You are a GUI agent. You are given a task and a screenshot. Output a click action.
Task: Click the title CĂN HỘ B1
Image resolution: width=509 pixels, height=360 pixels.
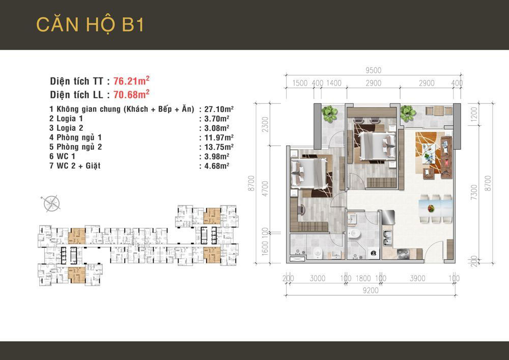tap(90, 24)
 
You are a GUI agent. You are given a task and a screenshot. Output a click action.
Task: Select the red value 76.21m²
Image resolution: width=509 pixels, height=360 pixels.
tap(131, 80)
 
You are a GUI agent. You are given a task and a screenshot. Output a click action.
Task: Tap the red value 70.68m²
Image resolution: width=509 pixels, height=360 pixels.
tap(131, 94)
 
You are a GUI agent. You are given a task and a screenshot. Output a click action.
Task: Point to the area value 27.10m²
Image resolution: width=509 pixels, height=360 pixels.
tap(219, 109)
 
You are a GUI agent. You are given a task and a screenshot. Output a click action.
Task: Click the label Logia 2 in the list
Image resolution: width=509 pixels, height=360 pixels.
tap(70, 128)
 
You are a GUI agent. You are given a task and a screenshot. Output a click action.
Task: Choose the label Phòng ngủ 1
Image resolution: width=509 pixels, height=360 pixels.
tap(79, 137)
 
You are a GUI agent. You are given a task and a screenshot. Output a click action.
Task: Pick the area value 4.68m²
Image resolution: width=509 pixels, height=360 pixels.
tap(216, 166)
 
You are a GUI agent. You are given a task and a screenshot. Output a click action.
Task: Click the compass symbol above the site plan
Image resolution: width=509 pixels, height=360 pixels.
tap(52, 204)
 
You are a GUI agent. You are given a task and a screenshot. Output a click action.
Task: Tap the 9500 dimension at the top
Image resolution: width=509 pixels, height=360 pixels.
tap(373, 70)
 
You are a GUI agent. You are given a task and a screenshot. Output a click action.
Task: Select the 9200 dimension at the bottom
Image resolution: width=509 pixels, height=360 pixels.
tap(371, 290)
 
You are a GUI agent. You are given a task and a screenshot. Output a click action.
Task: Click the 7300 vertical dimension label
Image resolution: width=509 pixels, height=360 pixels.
tap(474, 192)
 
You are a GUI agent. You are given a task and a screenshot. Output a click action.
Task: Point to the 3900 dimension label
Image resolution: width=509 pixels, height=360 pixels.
tap(417, 278)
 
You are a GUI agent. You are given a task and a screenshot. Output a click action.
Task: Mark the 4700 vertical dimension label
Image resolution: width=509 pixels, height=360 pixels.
tap(265, 188)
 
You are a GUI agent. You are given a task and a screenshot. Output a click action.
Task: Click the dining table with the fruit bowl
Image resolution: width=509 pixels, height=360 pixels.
tap(435, 208)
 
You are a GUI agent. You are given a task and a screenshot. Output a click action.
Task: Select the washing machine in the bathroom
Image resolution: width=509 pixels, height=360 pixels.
tap(374, 253)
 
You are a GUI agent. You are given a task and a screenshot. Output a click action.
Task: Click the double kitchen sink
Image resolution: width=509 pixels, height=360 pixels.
tap(387, 239)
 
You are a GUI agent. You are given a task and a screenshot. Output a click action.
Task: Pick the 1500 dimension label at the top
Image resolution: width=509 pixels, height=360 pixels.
tap(300, 83)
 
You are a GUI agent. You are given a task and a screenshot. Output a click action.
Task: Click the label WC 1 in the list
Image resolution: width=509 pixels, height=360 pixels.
tap(66, 156)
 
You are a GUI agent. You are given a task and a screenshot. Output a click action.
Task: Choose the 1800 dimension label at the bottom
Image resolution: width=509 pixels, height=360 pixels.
tap(363, 278)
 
